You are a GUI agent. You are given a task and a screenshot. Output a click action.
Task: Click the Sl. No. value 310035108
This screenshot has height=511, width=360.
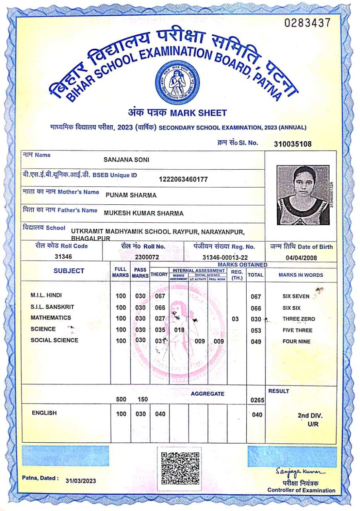click(x=293, y=144)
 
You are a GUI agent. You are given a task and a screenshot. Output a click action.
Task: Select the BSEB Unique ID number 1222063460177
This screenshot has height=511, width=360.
click(x=183, y=179)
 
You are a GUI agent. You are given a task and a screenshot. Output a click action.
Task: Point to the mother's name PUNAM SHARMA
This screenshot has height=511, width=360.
click(x=131, y=195)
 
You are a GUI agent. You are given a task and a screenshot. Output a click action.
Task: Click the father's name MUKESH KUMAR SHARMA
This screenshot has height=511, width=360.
click(x=144, y=213)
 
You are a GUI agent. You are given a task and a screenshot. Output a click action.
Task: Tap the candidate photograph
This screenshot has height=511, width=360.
click(x=303, y=195)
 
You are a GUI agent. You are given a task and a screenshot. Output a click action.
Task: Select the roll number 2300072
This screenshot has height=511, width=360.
click(x=147, y=257)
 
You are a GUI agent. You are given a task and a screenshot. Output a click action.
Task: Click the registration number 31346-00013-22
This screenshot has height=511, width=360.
click(x=225, y=257)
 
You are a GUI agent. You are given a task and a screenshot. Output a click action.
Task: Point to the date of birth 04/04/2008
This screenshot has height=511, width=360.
click(x=301, y=257)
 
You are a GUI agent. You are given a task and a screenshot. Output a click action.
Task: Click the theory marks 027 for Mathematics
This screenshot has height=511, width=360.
click(x=160, y=319)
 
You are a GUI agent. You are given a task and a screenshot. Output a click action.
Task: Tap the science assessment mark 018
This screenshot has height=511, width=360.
click(x=179, y=330)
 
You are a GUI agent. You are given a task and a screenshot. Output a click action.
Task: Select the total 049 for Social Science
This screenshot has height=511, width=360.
click(x=256, y=342)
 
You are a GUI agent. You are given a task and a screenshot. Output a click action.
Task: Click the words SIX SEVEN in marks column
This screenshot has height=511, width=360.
click(x=296, y=296)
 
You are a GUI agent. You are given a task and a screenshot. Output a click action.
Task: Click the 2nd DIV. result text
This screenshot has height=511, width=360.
click(x=310, y=416)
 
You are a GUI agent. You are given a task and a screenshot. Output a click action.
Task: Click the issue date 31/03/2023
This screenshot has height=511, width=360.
click(x=81, y=481)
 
